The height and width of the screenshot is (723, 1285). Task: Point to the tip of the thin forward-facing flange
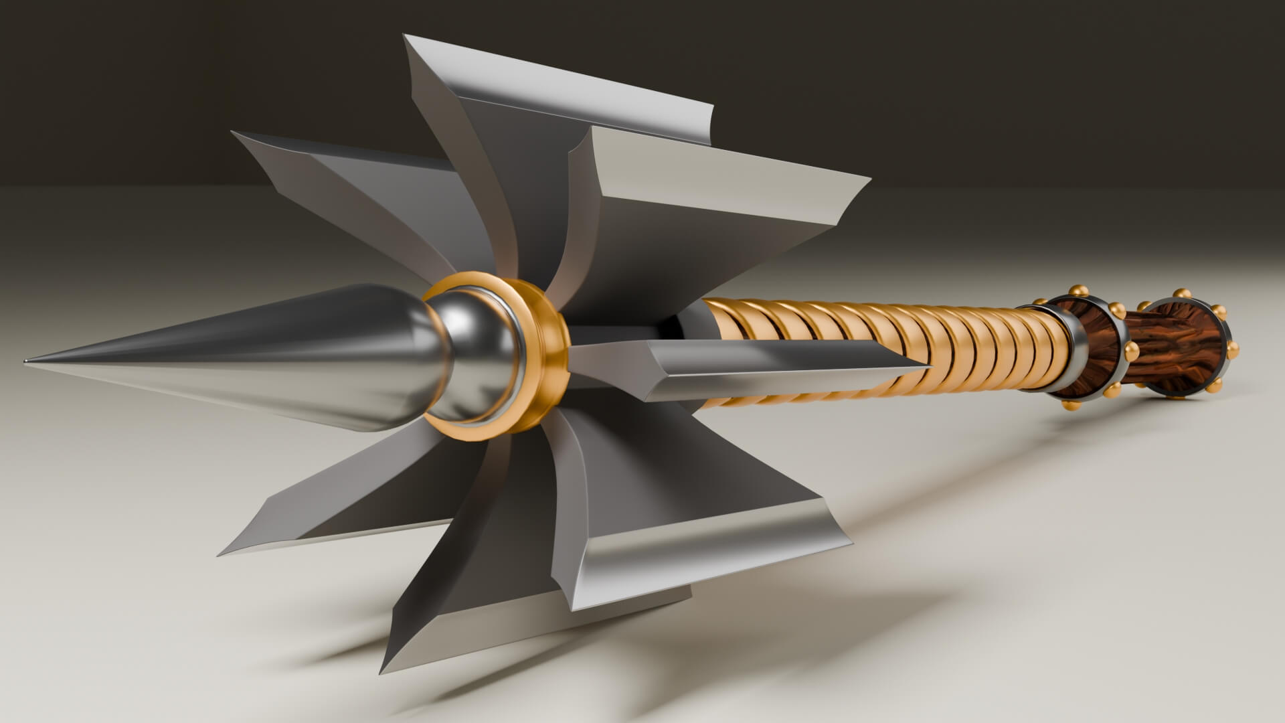coord(927,367)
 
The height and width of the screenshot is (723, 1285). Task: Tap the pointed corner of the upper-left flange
coord(234,133)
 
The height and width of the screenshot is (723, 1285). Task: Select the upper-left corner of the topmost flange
coord(406,36)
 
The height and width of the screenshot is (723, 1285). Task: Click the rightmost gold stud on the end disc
coord(1233,348)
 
